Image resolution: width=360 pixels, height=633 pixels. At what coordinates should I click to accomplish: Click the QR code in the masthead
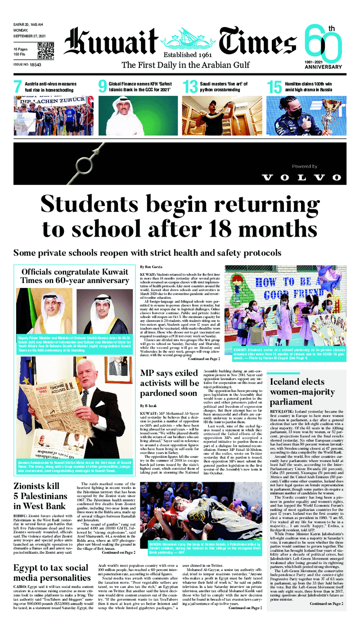coord(45,50)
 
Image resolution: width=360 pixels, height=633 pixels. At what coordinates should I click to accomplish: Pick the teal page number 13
coord(189,87)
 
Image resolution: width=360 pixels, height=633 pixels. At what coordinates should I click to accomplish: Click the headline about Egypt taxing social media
coord(52,573)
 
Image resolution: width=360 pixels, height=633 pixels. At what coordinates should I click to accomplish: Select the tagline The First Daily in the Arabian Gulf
coord(185,65)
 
